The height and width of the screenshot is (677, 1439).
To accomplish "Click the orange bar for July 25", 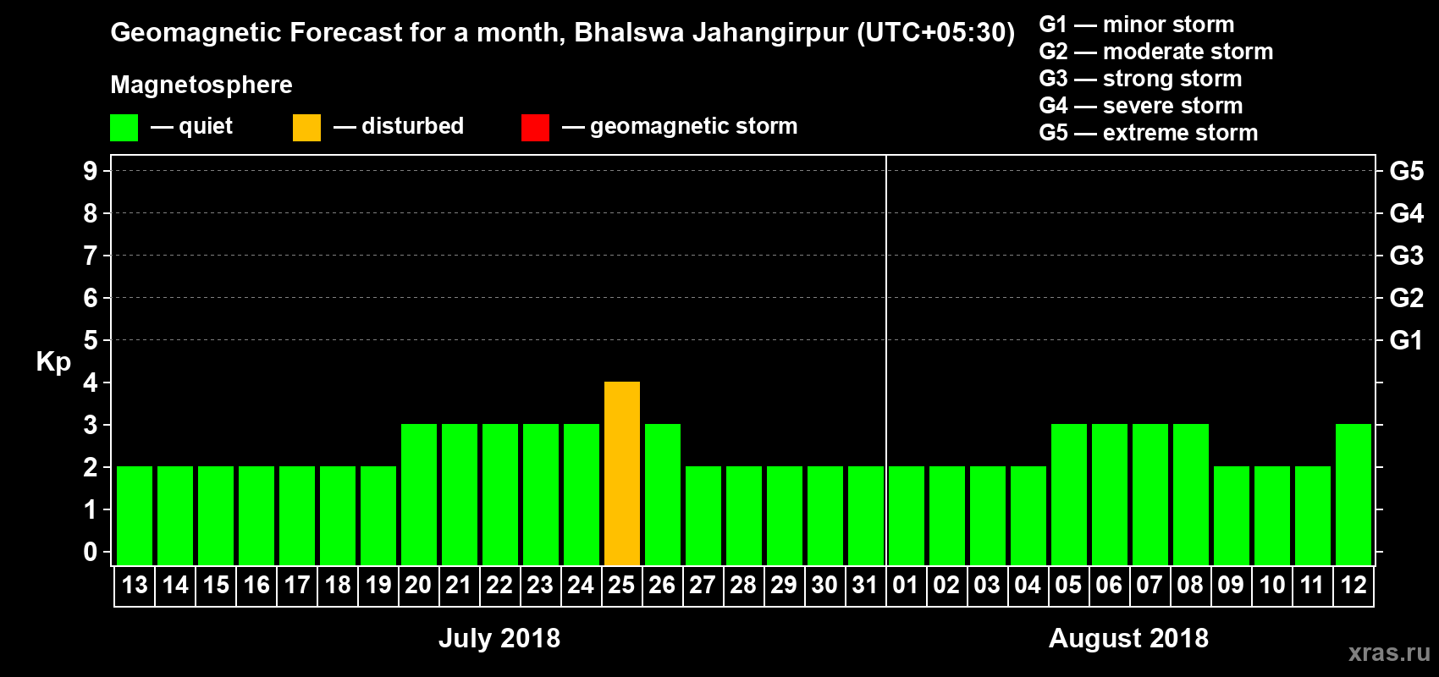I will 622,473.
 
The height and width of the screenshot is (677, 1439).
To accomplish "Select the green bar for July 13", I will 135,515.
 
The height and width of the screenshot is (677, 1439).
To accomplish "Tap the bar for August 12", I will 1354,494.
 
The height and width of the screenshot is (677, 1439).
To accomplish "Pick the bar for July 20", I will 419,494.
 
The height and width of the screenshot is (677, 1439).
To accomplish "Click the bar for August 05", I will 1069,494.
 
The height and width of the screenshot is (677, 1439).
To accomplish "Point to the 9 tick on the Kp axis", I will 91,171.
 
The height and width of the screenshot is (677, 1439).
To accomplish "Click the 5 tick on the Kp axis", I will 91,340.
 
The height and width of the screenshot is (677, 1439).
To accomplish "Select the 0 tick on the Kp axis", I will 91,552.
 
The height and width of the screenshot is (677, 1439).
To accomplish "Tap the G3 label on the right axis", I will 1406,256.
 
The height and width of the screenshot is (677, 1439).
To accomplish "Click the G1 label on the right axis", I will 1406,340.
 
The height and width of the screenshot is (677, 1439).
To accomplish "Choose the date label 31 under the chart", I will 865,586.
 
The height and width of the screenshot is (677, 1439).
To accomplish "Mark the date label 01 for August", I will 906,586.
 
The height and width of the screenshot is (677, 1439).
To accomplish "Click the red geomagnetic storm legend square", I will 535,128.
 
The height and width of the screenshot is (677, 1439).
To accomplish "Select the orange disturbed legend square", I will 306,128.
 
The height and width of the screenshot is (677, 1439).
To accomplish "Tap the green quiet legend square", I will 124,128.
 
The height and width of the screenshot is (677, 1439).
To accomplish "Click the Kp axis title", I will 53,362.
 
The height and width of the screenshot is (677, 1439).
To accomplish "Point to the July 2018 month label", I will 499,638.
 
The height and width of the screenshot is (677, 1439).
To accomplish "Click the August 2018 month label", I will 1128,638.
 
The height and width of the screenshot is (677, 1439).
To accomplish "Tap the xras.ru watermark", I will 1389,652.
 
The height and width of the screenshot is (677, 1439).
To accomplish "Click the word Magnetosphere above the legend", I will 201,85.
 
